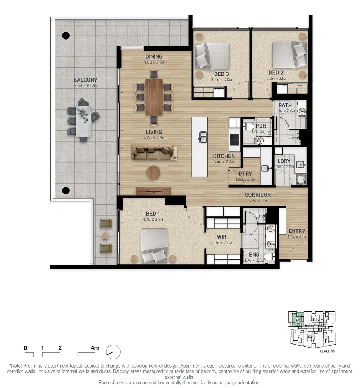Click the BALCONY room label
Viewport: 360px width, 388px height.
(85, 80)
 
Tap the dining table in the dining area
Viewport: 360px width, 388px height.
(154, 97)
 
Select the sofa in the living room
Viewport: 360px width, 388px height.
(154, 152)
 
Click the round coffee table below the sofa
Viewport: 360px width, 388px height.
(154, 172)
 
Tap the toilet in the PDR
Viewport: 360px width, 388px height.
(249, 126)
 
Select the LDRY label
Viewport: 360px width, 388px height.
(284, 162)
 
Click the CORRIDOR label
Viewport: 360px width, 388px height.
(257, 195)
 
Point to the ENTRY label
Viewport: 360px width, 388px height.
(296, 231)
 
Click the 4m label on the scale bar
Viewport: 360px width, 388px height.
(95, 348)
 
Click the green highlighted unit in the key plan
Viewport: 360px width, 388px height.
(297, 319)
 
